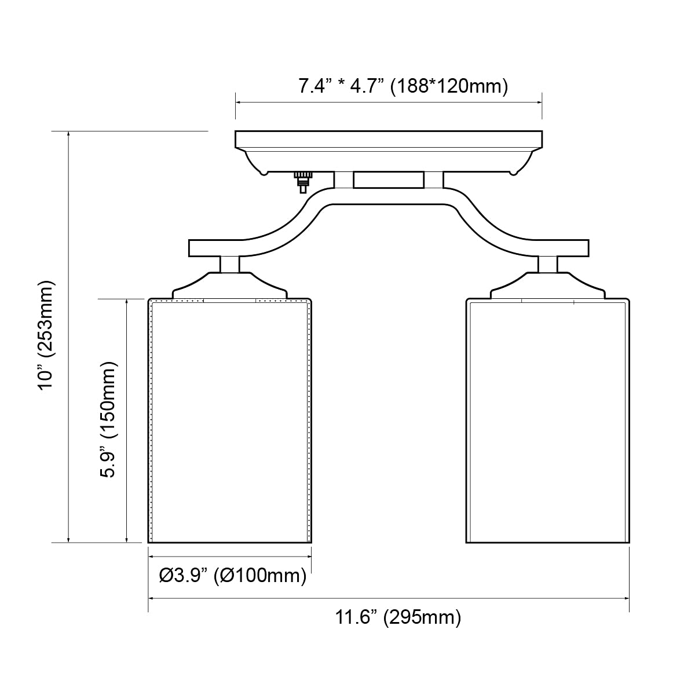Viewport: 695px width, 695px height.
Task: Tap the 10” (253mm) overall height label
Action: pos(46,336)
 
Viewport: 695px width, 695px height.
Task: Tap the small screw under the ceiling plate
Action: pos(302,181)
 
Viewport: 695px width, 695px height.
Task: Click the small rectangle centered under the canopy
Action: pos(388,180)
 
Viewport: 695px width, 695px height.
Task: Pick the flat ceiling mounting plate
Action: pos(388,139)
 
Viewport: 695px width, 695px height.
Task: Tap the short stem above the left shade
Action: pos(230,264)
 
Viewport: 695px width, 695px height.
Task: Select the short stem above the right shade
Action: pos(548,264)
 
